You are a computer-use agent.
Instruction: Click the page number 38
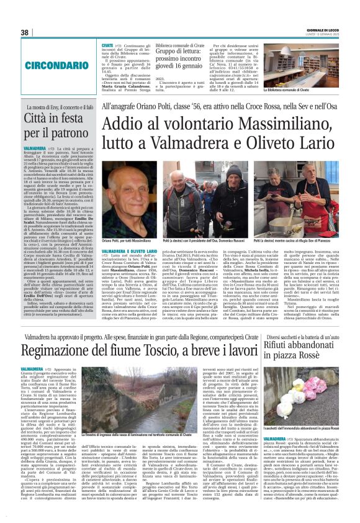tap(25, 32)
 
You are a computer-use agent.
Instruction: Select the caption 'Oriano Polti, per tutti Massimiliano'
tap(125, 240)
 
